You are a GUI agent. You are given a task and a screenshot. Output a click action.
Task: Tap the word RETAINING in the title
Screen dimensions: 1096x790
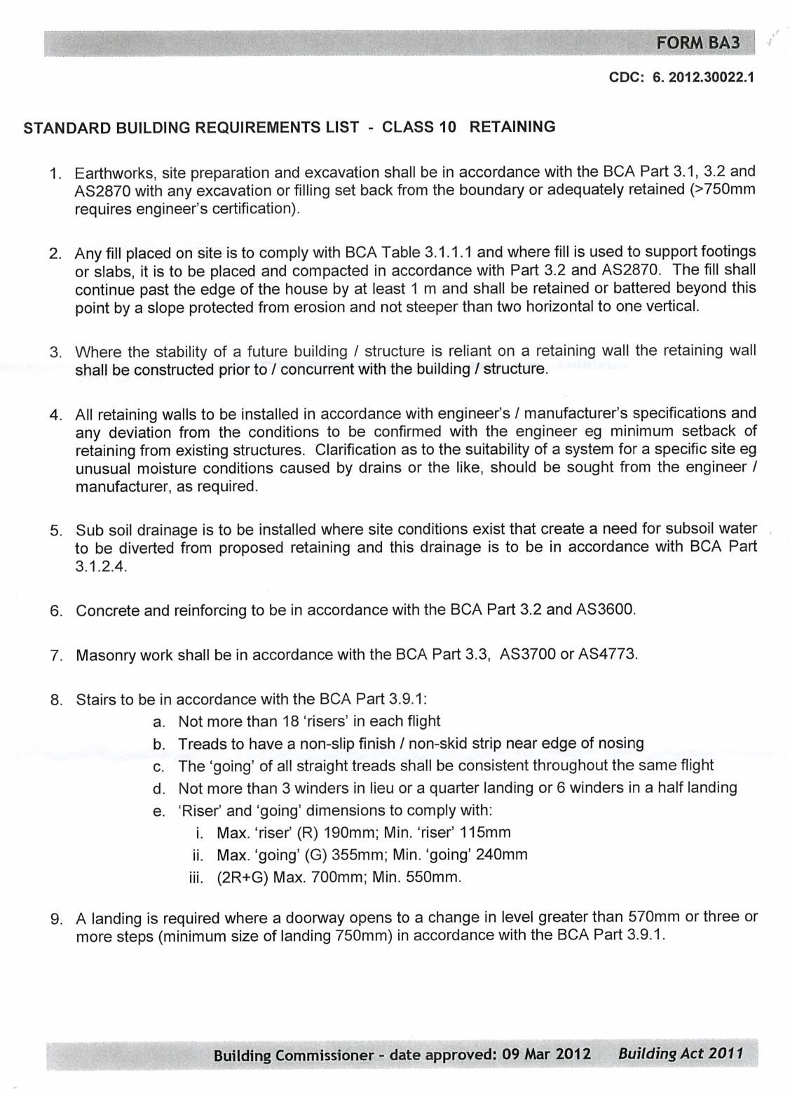(x=512, y=127)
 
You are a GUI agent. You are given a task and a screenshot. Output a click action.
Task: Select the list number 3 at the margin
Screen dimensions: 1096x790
(x=55, y=352)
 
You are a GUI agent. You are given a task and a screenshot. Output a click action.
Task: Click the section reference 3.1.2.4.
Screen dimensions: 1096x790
(x=101, y=567)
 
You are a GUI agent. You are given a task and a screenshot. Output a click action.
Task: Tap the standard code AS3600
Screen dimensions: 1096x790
(x=606, y=610)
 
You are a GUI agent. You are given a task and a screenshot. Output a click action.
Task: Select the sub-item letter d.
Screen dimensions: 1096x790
(x=158, y=789)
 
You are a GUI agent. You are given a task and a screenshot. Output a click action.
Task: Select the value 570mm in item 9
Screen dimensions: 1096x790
(x=653, y=916)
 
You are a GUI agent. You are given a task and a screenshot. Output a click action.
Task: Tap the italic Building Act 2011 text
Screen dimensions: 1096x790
(x=680, y=1054)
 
